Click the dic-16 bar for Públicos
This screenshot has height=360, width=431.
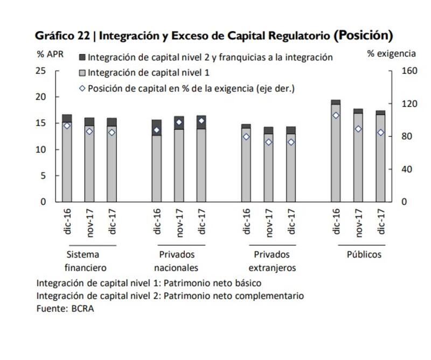[x=336, y=154]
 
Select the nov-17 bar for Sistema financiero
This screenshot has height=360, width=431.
[x=89, y=162]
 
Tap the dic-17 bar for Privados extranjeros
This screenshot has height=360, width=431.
[x=291, y=167]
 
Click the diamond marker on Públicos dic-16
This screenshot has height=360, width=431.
[x=336, y=115]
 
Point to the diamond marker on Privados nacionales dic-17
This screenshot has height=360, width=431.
[x=201, y=121]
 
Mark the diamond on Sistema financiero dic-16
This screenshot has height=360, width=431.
[x=67, y=126]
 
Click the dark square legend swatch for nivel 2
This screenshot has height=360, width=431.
[x=82, y=57]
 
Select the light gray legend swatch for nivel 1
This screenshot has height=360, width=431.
[x=82, y=72]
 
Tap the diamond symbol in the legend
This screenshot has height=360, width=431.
[x=82, y=88]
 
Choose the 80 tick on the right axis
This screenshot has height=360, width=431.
[x=407, y=136]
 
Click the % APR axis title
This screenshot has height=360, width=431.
[x=50, y=54]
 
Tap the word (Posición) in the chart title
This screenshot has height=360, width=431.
[x=363, y=36]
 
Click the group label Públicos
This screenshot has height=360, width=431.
[x=364, y=254]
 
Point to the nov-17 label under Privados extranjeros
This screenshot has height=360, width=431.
[x=269, y=223]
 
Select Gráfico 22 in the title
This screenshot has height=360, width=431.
[x=60, y=37]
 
